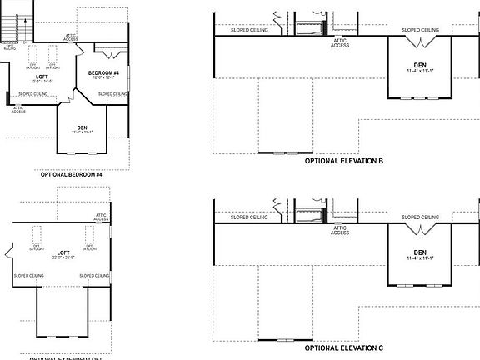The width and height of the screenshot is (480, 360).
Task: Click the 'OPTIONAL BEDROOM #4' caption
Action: click(71, 175)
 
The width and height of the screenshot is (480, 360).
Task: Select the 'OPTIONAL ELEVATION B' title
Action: click(343, 161)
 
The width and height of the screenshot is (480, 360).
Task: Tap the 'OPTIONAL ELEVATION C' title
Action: click(343, 347)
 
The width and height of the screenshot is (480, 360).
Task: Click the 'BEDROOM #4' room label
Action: click(104, 75)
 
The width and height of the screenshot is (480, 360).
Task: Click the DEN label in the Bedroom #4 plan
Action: click(82, 128)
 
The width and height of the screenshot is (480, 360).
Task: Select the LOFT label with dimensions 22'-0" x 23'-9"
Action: click(62, 253)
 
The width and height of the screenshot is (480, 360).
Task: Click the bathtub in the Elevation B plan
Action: click(310, 30)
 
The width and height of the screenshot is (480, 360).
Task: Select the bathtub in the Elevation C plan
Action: click(310, 217)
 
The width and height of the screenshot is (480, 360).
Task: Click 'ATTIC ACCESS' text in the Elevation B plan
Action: click(340, 43)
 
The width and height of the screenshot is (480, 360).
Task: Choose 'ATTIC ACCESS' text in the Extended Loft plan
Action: click(101, 218)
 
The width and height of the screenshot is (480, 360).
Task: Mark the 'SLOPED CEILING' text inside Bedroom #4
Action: click(112, 94)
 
